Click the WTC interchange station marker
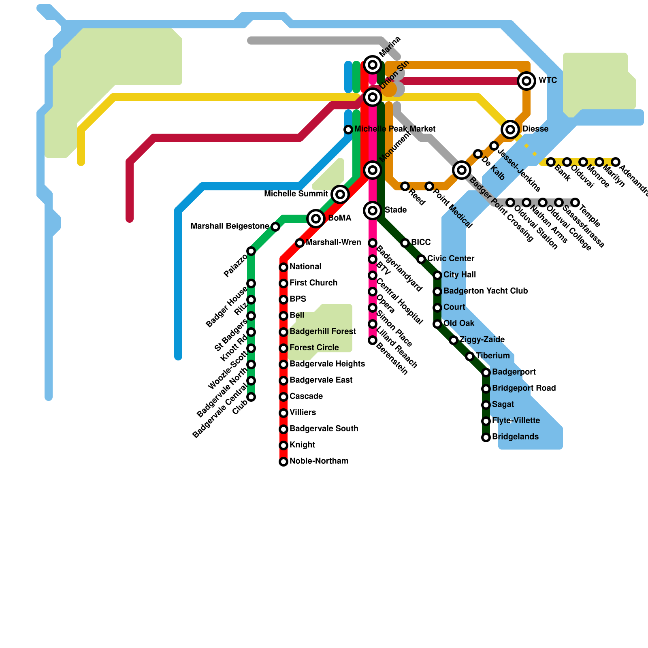[526, 81]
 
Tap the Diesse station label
[535, 129]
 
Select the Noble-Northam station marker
[283, 462]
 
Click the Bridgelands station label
[515, 437]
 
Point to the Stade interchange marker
[373, 211]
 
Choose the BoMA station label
[339, 218]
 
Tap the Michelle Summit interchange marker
[340, 194]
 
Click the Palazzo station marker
[251, 251]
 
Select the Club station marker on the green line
[251, 397]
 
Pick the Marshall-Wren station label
[333, 243]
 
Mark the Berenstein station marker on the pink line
[373, 340]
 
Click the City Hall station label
[460, 275]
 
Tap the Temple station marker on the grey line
[575, 202]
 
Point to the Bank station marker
[551, 162]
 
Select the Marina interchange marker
[373, 65]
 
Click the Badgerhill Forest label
[323, 332]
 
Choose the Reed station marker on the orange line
[405, 186]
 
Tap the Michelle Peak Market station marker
[348, 130]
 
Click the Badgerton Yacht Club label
[486, 291]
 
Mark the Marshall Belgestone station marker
[275, 227]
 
